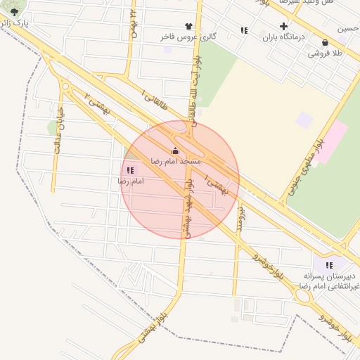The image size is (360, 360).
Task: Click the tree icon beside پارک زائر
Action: [15, 12]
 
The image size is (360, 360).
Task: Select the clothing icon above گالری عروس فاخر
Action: [188, 25]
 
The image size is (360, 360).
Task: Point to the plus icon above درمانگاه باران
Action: [283, 26]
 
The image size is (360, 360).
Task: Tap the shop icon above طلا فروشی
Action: [324, 41]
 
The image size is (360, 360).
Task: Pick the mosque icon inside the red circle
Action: [175, 150]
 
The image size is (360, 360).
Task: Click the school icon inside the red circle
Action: [129, 169]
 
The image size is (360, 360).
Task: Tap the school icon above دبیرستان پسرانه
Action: [329, 265]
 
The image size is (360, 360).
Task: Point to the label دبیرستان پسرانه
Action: [330, 276]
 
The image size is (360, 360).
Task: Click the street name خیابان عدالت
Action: [58, 129]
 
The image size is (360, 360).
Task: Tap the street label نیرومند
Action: [240, 210]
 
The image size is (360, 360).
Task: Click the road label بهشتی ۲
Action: [98, 103]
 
